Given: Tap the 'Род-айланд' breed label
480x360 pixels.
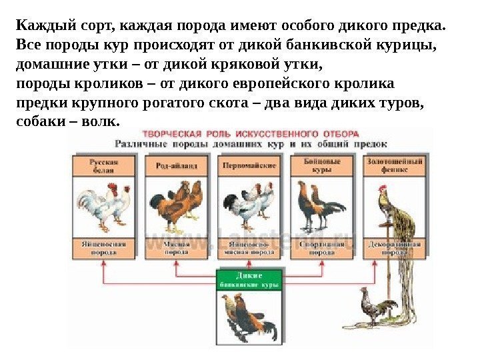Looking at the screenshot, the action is click(176, 166).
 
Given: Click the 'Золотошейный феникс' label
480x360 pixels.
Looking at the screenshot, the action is click(394, 166).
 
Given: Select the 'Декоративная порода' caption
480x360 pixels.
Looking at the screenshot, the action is click(394, 249).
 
